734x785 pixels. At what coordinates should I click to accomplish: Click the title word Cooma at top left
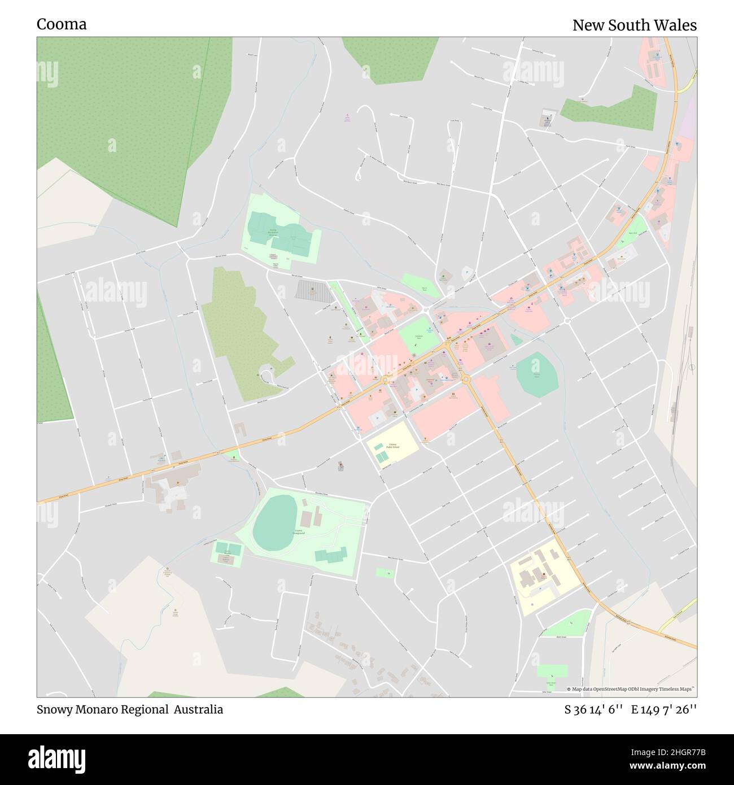[62, 24]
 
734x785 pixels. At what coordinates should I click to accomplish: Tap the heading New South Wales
[634, 25]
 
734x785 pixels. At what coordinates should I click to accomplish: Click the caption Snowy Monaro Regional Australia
[130, 709]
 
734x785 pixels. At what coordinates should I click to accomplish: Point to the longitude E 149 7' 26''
[664, 709]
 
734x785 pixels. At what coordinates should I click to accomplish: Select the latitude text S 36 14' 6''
[593, 709]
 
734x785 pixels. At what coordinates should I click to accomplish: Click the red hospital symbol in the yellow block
[544, 575]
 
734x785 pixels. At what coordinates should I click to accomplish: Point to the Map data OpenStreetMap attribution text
[631, 689]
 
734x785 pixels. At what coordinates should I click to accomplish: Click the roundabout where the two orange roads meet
[466, 380]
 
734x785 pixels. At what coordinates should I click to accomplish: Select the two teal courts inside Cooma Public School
[379, 452]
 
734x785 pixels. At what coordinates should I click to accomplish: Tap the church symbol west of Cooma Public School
[340, 465]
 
